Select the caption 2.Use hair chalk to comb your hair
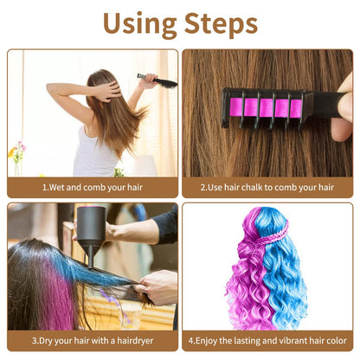pyautogui.click(x=267, y=186)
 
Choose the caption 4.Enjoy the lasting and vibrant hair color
pyautogui.click(x=267, y=340)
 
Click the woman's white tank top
pyautogui.click(x=95, y=156)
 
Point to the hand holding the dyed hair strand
pyautogui.click(x=158, y=286)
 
